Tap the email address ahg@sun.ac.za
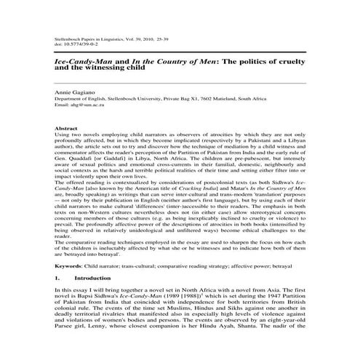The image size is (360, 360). coord(87,106)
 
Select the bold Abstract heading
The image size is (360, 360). coord(66,128)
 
